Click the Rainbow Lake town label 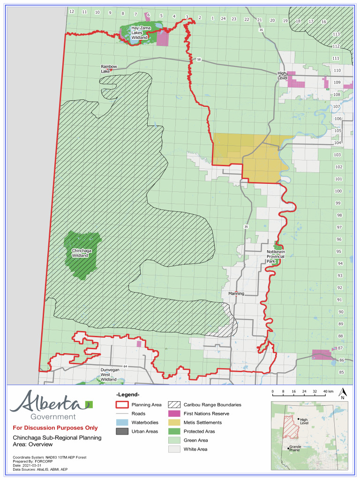109,69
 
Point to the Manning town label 236,294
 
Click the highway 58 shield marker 199,60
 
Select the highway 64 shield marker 126,366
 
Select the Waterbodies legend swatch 123,422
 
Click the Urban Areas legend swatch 123,431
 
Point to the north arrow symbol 343,393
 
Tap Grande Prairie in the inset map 295,449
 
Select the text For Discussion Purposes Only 55,428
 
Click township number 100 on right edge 338,191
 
